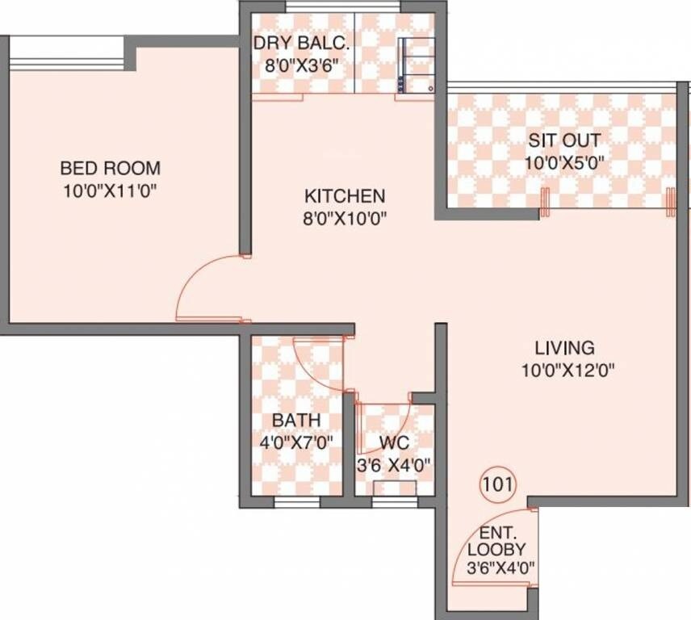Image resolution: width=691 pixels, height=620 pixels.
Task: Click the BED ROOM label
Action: (x=111, y=169)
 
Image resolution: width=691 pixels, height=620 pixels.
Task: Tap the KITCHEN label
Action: (x=345, y=196)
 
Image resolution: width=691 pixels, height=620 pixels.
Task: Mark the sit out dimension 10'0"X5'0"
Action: (x=564, y=162)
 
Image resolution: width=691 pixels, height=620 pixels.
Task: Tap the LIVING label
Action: (x=565, y=348)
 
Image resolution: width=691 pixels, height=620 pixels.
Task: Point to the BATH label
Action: (x=295, y=421)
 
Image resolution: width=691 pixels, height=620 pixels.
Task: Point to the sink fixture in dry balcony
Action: (x=417, y=65)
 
